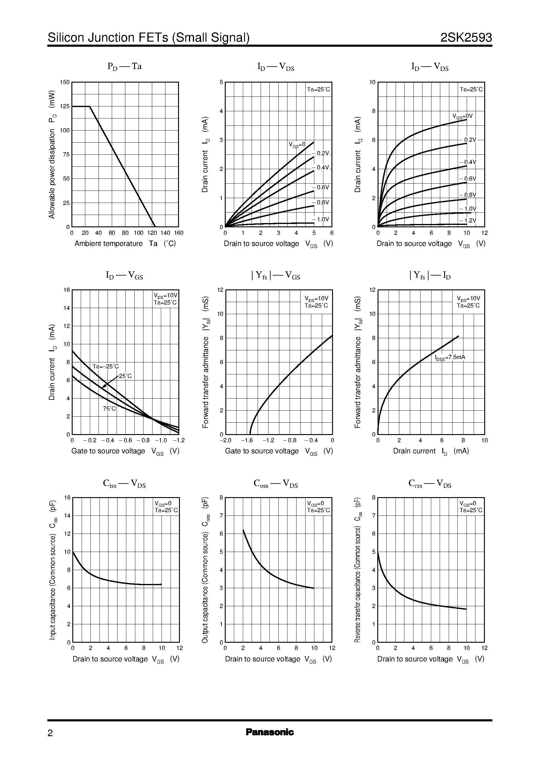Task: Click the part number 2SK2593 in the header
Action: [x=466, y=38]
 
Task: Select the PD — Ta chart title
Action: [x=125, y=67]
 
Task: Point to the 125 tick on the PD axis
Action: [x=65, y=106]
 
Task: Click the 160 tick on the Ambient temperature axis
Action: [x=179, y=233]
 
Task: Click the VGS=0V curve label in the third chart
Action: [x=463, y=116]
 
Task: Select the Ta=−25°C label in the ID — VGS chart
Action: [x=105, y=367]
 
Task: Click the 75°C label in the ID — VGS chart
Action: [x=109, y=408]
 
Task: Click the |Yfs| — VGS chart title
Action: [x=276, y=276]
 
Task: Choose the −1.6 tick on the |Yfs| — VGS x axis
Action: [x=246, y=440]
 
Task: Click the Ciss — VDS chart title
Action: [x=124, y=484]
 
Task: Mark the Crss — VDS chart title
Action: [x=430, y=484]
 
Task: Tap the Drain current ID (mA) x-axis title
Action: [x=431, y=451]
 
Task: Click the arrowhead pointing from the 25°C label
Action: [x=103, y=386]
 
